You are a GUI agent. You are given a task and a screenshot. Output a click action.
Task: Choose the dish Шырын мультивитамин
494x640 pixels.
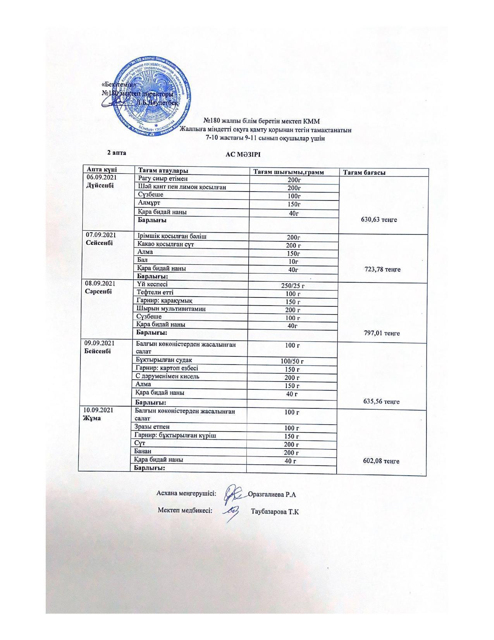(x=170, y=309)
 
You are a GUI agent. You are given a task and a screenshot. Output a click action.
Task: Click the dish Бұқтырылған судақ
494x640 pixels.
(x=164, y=360)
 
